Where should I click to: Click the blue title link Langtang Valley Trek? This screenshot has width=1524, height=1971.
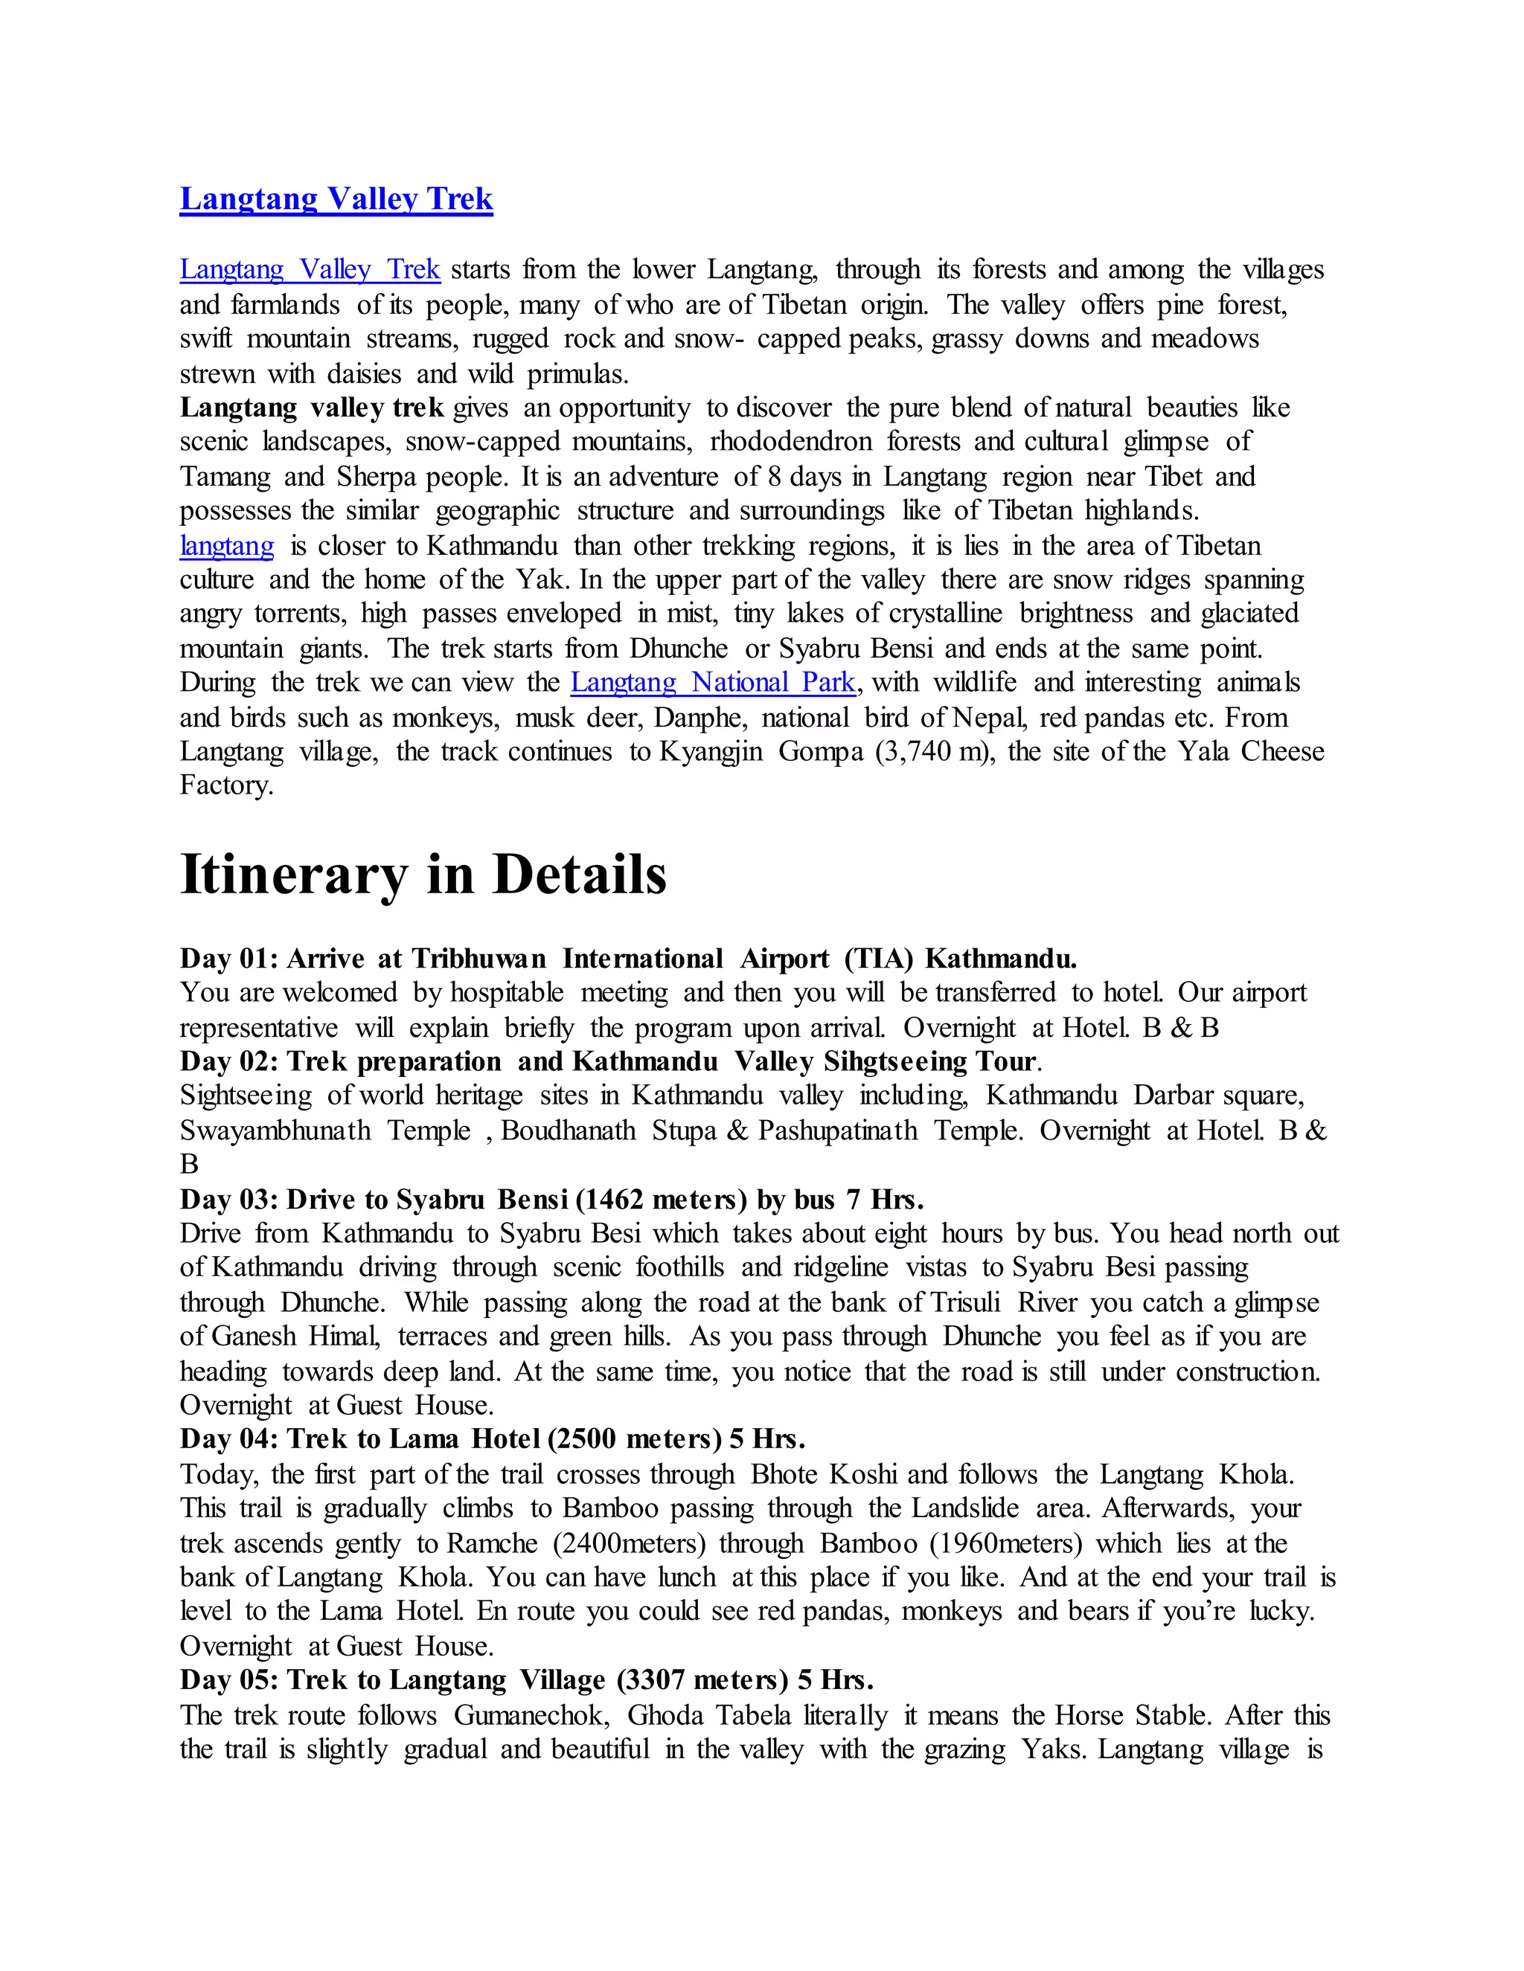336,199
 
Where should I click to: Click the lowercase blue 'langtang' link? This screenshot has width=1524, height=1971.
227,546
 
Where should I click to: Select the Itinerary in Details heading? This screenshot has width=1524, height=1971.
423,875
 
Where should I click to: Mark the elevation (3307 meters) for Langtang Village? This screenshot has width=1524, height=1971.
703,1679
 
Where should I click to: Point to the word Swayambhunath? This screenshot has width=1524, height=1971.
275,1131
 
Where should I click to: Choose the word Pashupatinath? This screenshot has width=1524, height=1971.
837,1131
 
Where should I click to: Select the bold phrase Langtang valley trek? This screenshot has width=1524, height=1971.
312,408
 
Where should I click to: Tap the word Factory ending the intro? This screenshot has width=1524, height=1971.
225,785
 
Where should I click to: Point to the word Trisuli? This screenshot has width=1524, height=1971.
965,1302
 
